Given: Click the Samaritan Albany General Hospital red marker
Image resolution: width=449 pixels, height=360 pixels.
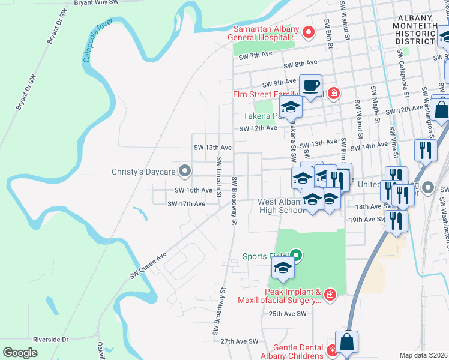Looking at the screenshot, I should coord(309,32).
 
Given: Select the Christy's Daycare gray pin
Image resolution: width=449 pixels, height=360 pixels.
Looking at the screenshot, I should coord(185,172).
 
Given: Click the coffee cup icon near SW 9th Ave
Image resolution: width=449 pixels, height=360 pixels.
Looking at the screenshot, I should coord(310,85).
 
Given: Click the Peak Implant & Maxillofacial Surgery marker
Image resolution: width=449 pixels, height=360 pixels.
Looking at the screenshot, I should coord(329,295).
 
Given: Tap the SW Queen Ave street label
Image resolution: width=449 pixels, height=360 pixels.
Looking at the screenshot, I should coord(147,266).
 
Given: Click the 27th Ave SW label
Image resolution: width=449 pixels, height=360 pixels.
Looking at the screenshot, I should coord(239,341).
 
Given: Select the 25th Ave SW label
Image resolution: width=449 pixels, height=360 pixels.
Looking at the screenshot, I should coord(288,314).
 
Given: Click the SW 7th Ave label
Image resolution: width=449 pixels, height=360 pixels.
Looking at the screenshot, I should coord(256,56).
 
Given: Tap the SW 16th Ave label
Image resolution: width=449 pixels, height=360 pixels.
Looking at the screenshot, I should coord(193,190).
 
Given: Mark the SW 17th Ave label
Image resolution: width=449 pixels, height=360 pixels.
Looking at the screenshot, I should coord(187,204).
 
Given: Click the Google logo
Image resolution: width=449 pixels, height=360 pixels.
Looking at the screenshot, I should coord(20,352).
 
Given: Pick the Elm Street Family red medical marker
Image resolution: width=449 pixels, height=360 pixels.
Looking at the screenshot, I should coord(333,94).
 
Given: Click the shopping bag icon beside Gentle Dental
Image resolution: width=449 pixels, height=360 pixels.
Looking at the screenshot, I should coord(346,342).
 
